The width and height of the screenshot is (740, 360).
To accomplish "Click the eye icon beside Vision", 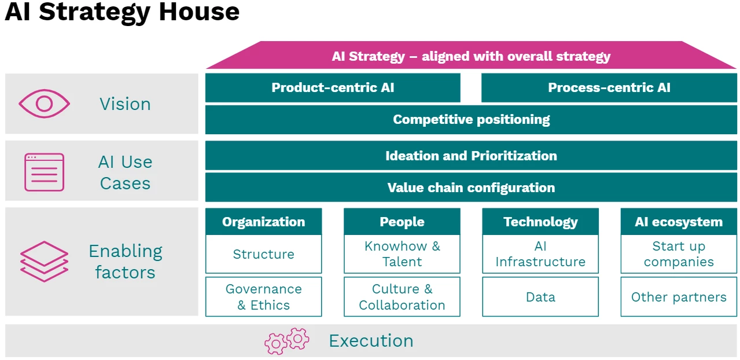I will pyautogui.click(x=44, y=104).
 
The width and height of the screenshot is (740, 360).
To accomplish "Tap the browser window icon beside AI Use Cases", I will pyautogui.click(x=44, y=172).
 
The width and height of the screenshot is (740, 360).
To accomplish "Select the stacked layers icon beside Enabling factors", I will pyautogui.click(x=44, y=262).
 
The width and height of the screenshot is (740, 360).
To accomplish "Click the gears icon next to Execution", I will pyautogui.click(x=287, y=341).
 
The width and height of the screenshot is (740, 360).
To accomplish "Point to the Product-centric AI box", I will pyautogui.click(x=333, y=88).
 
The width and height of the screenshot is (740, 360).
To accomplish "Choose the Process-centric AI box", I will pyautogui.click(x=609, y=88).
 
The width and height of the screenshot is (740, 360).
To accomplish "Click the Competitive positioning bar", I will pyautogui.click(x=471, y=120).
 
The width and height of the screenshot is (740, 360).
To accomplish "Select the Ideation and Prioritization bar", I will pyautogui.click(x=471, y=156).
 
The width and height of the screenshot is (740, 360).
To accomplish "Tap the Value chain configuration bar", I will pyautogui.click(x=471, y=188).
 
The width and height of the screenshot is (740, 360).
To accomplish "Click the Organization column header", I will pyautogui.click(x=263, y=222).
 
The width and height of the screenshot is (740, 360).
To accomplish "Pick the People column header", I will pyautogui.click(x=402, y=222).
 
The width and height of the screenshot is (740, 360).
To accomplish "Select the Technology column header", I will pyautogui.click(x=540, y=222).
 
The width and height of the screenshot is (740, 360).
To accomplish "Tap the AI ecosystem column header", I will pyautogui.click(x=679, y=222).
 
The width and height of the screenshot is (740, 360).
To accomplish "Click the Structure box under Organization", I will pyautogui.click(x=263, y=254).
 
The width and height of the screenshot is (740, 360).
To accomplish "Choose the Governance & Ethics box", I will pyautogui.click(x=263, y=297).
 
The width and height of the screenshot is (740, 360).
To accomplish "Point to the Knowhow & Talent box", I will pyautogui.click(x=402, y=254).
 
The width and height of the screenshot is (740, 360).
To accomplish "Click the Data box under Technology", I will pyautogui.click(x=540, y=297).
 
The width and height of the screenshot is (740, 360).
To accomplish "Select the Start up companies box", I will pyautogui.click(x=679, y=254).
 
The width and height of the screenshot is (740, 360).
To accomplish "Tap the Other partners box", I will pyautogui.click(x=679, y=297).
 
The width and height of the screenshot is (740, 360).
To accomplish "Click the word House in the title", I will pyautogui.click(x=200, y=12).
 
